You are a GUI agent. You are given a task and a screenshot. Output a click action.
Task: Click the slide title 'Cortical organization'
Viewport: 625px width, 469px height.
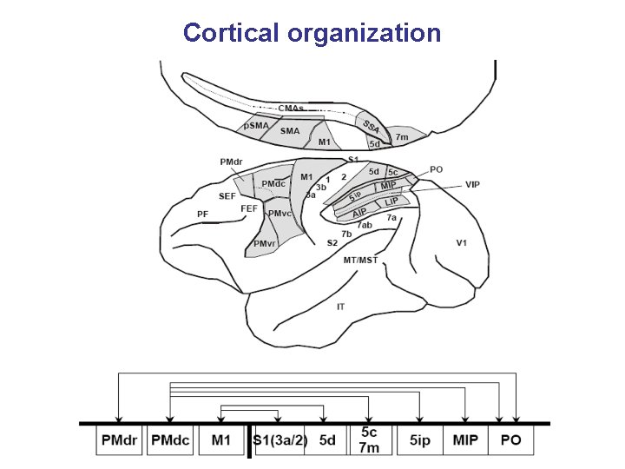(x=312, y=33)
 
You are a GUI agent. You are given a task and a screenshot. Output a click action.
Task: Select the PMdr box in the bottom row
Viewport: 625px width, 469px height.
(x=120, y=440)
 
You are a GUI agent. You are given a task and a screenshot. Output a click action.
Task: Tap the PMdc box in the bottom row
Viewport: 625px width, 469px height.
(x=170, y=440)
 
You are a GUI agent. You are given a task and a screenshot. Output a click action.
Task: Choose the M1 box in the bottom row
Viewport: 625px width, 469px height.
(x=221, y=440)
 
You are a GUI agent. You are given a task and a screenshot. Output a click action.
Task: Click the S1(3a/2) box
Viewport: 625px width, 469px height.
(x=280, y=440)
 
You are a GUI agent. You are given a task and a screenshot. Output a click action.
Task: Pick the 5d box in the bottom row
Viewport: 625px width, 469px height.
(x=326, y=440)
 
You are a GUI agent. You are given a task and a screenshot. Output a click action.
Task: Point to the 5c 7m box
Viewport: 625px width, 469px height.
(x=369, y=440)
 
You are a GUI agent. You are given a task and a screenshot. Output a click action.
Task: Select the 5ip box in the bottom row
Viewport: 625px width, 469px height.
(x=418, y=440)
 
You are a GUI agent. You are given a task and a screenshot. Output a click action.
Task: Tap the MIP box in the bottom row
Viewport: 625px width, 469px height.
(x=465, y=440)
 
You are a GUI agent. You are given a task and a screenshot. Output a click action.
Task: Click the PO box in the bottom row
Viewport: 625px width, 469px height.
(x=511, y=440)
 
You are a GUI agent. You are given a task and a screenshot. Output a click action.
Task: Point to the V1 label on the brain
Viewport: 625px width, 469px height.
(x=462, y=243)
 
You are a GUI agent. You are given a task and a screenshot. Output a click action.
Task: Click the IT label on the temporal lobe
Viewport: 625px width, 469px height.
(x=342, y=306)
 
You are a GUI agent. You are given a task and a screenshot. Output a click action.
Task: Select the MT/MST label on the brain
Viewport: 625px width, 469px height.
(x=360, y=260)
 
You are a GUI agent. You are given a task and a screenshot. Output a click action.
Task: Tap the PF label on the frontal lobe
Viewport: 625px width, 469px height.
(x=202, y=213)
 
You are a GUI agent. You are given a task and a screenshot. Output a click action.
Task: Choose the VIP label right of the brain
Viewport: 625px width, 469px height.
(x=472, y=184)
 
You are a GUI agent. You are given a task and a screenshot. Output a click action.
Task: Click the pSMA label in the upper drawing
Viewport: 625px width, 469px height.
(x=256, y=126)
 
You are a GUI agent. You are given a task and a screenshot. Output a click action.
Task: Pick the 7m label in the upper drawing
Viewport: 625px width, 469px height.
(x=402, y=136)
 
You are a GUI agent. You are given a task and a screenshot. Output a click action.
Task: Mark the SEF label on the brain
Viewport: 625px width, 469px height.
(x=227, y=196)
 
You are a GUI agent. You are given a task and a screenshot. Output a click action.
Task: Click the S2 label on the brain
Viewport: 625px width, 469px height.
(x=332, y=241)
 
